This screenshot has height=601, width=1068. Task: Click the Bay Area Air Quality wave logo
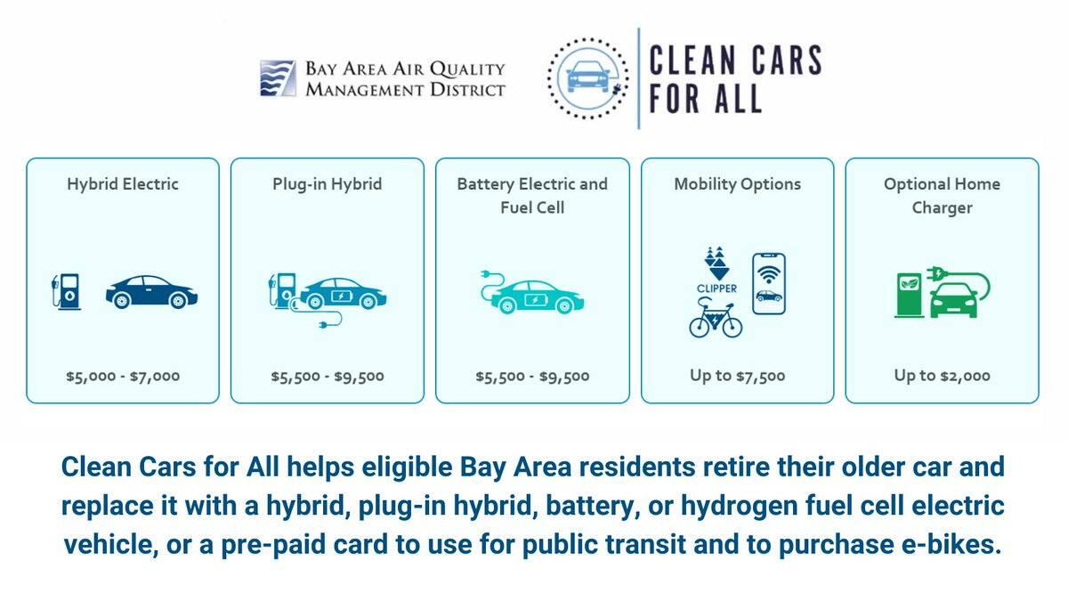[x=278, y=78]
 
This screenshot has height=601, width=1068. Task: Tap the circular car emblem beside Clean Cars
[x=587, y=77]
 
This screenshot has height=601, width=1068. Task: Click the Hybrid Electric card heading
[x=123, y=184]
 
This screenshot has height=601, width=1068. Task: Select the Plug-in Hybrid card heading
[x=327, y=184]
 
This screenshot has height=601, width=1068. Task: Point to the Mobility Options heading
[x=737, y=184]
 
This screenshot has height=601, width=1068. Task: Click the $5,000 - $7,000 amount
[x=123, y=376]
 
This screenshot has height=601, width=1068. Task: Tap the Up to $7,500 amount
[x=737, y=376]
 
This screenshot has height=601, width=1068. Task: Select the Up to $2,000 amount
[x=942, y=376]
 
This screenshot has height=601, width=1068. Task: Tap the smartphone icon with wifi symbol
[x=768, y=283]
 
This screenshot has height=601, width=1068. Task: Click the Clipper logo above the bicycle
[x=716, y=272]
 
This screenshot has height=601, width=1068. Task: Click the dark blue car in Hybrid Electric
[x=151, y=292]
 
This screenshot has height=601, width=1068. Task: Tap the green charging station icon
[x=909, y=295]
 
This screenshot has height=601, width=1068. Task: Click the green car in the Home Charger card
[x=953, y=300]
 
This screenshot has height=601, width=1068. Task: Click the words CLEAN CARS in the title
[x=734, y=61]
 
